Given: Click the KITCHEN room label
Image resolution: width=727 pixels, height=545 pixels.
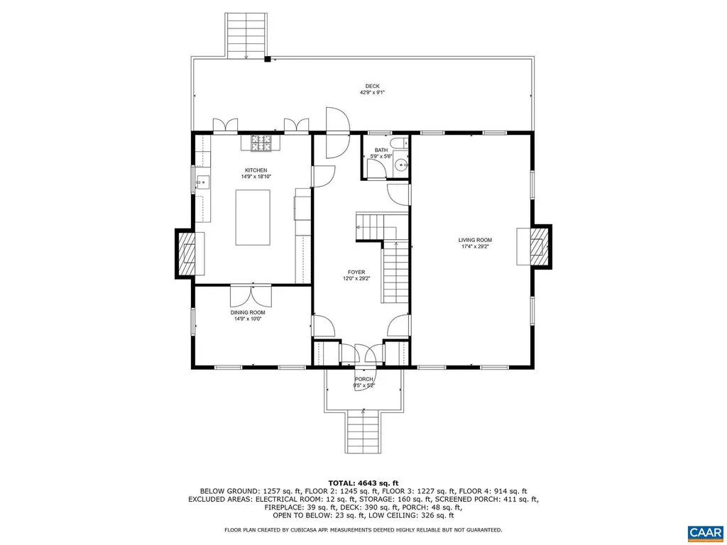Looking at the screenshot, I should [256, 170].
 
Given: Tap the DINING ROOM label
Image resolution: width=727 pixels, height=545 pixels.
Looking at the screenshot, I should [248, 313].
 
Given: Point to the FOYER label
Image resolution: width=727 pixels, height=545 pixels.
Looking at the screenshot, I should [356, 272].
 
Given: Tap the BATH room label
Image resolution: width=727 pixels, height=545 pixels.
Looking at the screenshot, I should [381, 150].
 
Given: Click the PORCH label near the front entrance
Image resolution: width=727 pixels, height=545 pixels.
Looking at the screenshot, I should [363, 380].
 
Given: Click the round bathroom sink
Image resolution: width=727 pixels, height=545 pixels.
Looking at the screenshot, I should [402, 166].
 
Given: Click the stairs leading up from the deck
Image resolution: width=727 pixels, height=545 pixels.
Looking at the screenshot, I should [246, 35].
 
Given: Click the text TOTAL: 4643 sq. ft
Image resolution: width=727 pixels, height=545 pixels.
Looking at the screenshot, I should [363, 483].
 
